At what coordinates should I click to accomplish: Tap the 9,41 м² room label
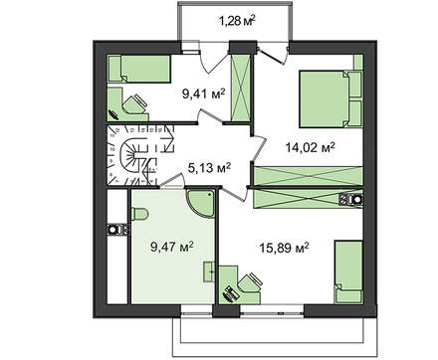coord(203,94)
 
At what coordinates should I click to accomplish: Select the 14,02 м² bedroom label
coord(310,147)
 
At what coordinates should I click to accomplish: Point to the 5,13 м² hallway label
coord(209,168)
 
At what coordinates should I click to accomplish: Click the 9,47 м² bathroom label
coord(172,247)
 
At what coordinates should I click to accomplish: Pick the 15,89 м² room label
coord(285,248)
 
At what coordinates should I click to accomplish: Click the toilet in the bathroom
coord(139,214)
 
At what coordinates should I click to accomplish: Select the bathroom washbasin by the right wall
coord(209,271)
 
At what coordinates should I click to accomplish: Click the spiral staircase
coord(140,155)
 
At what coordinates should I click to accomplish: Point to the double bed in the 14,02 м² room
coord(329,98)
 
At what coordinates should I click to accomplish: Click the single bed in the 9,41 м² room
coord(139,69)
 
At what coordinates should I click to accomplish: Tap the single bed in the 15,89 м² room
coord(348,271)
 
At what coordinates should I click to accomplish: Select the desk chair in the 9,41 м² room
coord(134,103)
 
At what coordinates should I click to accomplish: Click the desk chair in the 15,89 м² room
coord(251,283)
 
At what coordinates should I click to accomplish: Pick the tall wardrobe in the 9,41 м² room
coord(240,88)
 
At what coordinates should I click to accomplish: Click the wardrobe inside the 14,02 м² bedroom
coord(308,176)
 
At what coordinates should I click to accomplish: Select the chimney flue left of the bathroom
coord(117,230)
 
